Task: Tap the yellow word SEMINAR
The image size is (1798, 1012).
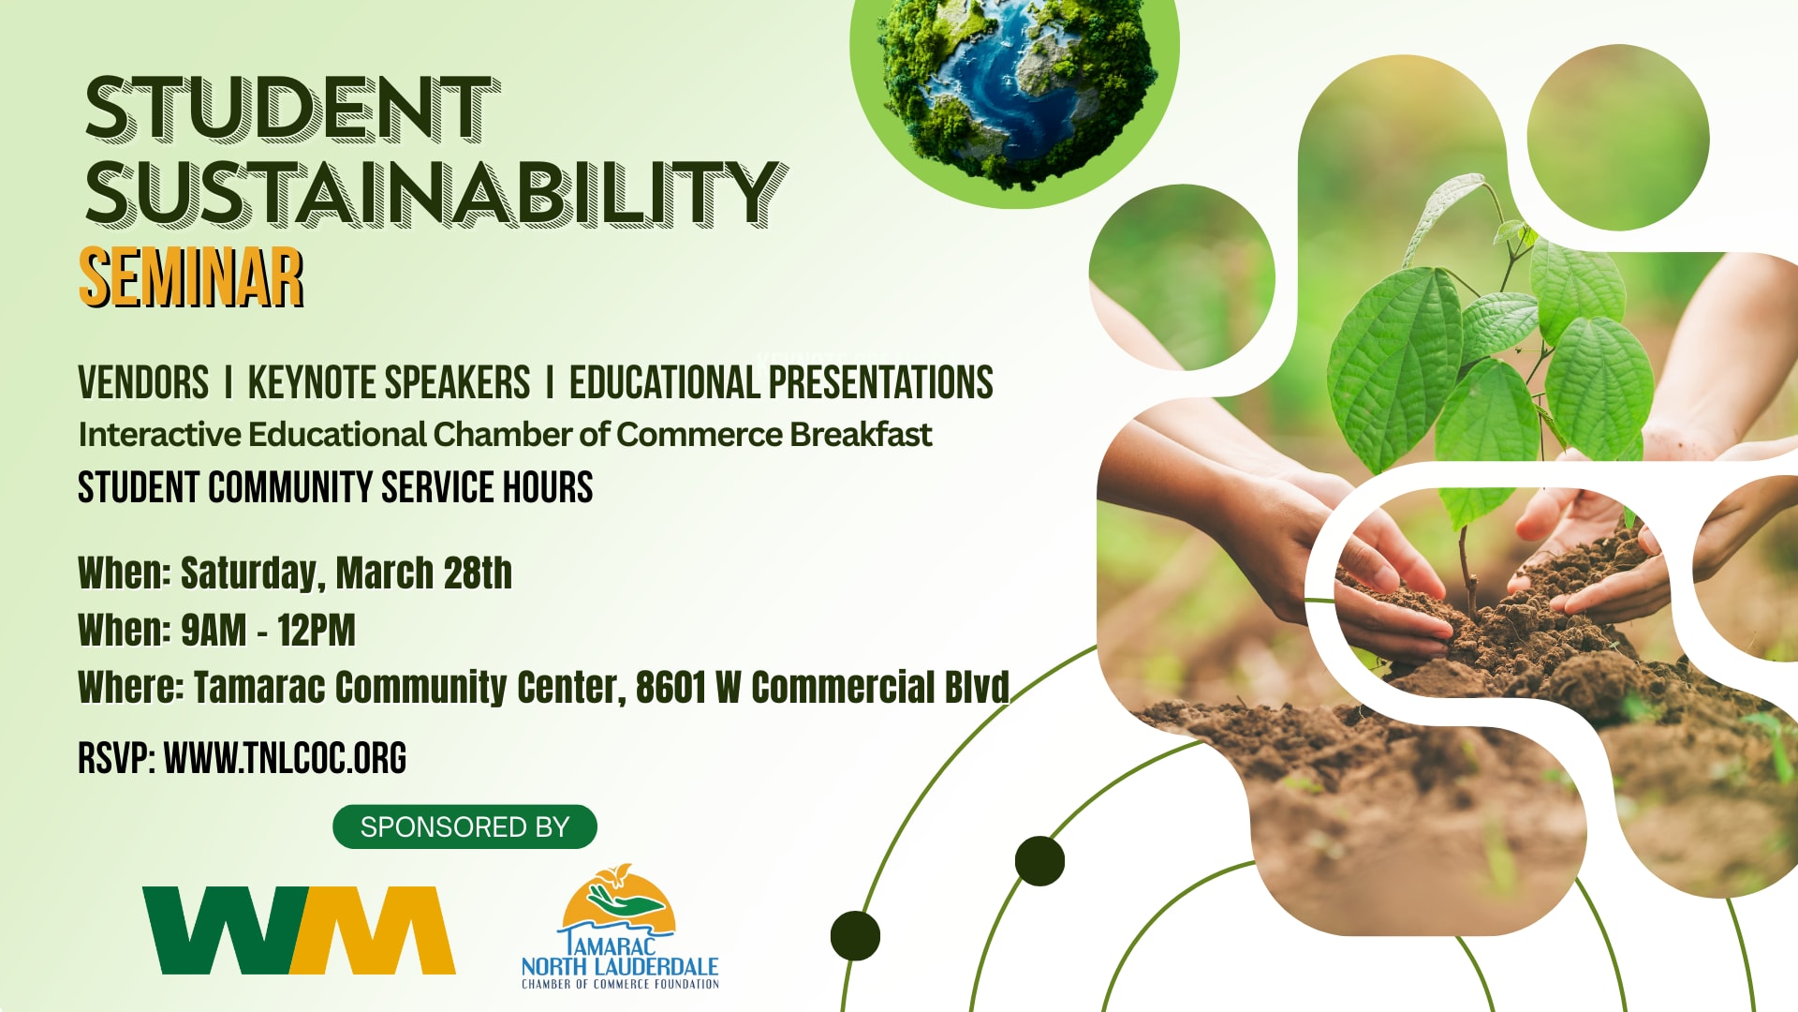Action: [191, 278]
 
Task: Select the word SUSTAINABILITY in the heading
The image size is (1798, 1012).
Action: [436, 193]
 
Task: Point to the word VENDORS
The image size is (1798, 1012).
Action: [143, 383]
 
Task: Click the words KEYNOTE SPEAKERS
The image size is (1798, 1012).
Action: [389, 383]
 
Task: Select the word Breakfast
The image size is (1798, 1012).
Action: [861, 435]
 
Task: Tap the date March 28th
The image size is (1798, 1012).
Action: [423, 573]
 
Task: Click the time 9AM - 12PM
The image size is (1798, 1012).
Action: [268, 631]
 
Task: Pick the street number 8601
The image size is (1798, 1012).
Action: [671, 687]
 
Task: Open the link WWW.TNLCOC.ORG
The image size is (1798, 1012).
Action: [285, 758]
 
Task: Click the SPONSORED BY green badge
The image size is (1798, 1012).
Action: [464, 826]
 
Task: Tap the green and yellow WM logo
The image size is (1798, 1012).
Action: [299, 930]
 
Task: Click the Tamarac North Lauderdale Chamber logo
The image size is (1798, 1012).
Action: [620, 927]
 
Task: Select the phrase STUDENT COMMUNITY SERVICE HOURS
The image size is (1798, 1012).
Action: [335, 487]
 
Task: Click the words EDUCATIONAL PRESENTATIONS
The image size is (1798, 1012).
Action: [781, 383]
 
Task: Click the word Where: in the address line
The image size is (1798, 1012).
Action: [131, 687]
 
